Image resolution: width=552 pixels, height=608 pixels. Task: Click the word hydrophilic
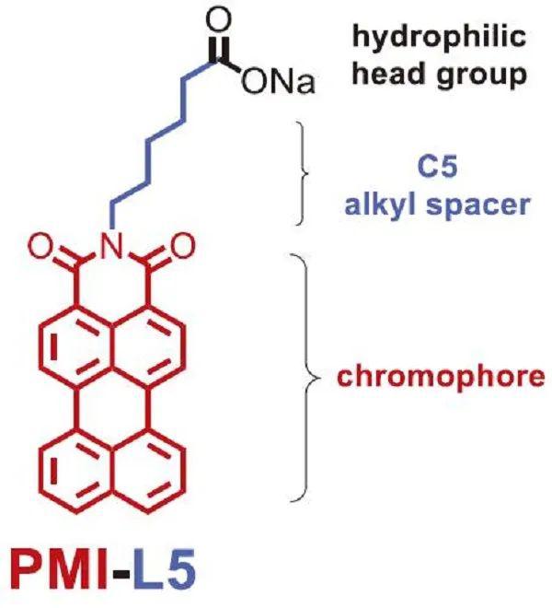tap(439, 38)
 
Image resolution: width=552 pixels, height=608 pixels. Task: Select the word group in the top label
tap(481, 76)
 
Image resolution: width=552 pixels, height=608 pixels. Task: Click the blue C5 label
tap(437, 167)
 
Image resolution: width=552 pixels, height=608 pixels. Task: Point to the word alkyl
tap(382, 205)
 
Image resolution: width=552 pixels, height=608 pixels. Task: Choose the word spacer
tap(478, 207)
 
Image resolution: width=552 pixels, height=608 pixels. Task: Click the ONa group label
tap(278, 82)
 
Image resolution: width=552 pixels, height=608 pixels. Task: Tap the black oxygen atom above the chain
tap(218, 19)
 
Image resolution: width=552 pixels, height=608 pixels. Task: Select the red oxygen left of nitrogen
tap(40, 246)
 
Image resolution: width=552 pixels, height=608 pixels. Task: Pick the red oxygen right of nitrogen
tap(182, 246)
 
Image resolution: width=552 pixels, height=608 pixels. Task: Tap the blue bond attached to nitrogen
tap(112, 216)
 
